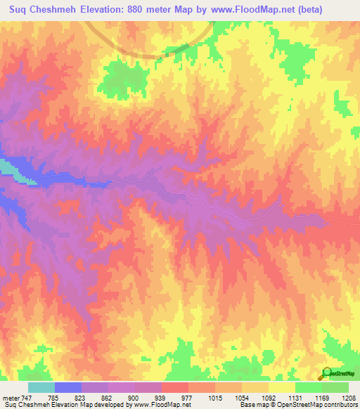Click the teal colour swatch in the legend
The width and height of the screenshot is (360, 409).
point(41,387)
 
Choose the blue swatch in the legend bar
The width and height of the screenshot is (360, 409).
point(67,387)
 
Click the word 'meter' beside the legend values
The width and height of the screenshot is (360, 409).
point(10,397)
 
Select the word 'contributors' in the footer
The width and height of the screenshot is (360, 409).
point(340,405)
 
